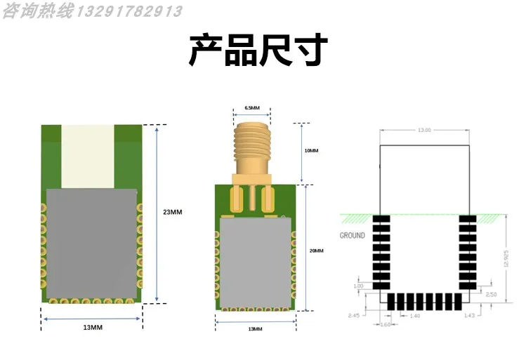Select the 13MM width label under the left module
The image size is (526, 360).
point(93,328)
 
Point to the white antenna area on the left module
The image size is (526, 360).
point(87,156)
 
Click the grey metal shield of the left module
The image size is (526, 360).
point(89,242)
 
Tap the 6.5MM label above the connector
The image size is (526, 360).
point(252,108)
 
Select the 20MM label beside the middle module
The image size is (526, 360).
point(317,251)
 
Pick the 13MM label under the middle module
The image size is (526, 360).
point(256,329)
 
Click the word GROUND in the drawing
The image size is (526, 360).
point(353,236)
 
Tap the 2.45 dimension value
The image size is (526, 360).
point(353,316)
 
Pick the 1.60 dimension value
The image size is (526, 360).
point(385,325)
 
